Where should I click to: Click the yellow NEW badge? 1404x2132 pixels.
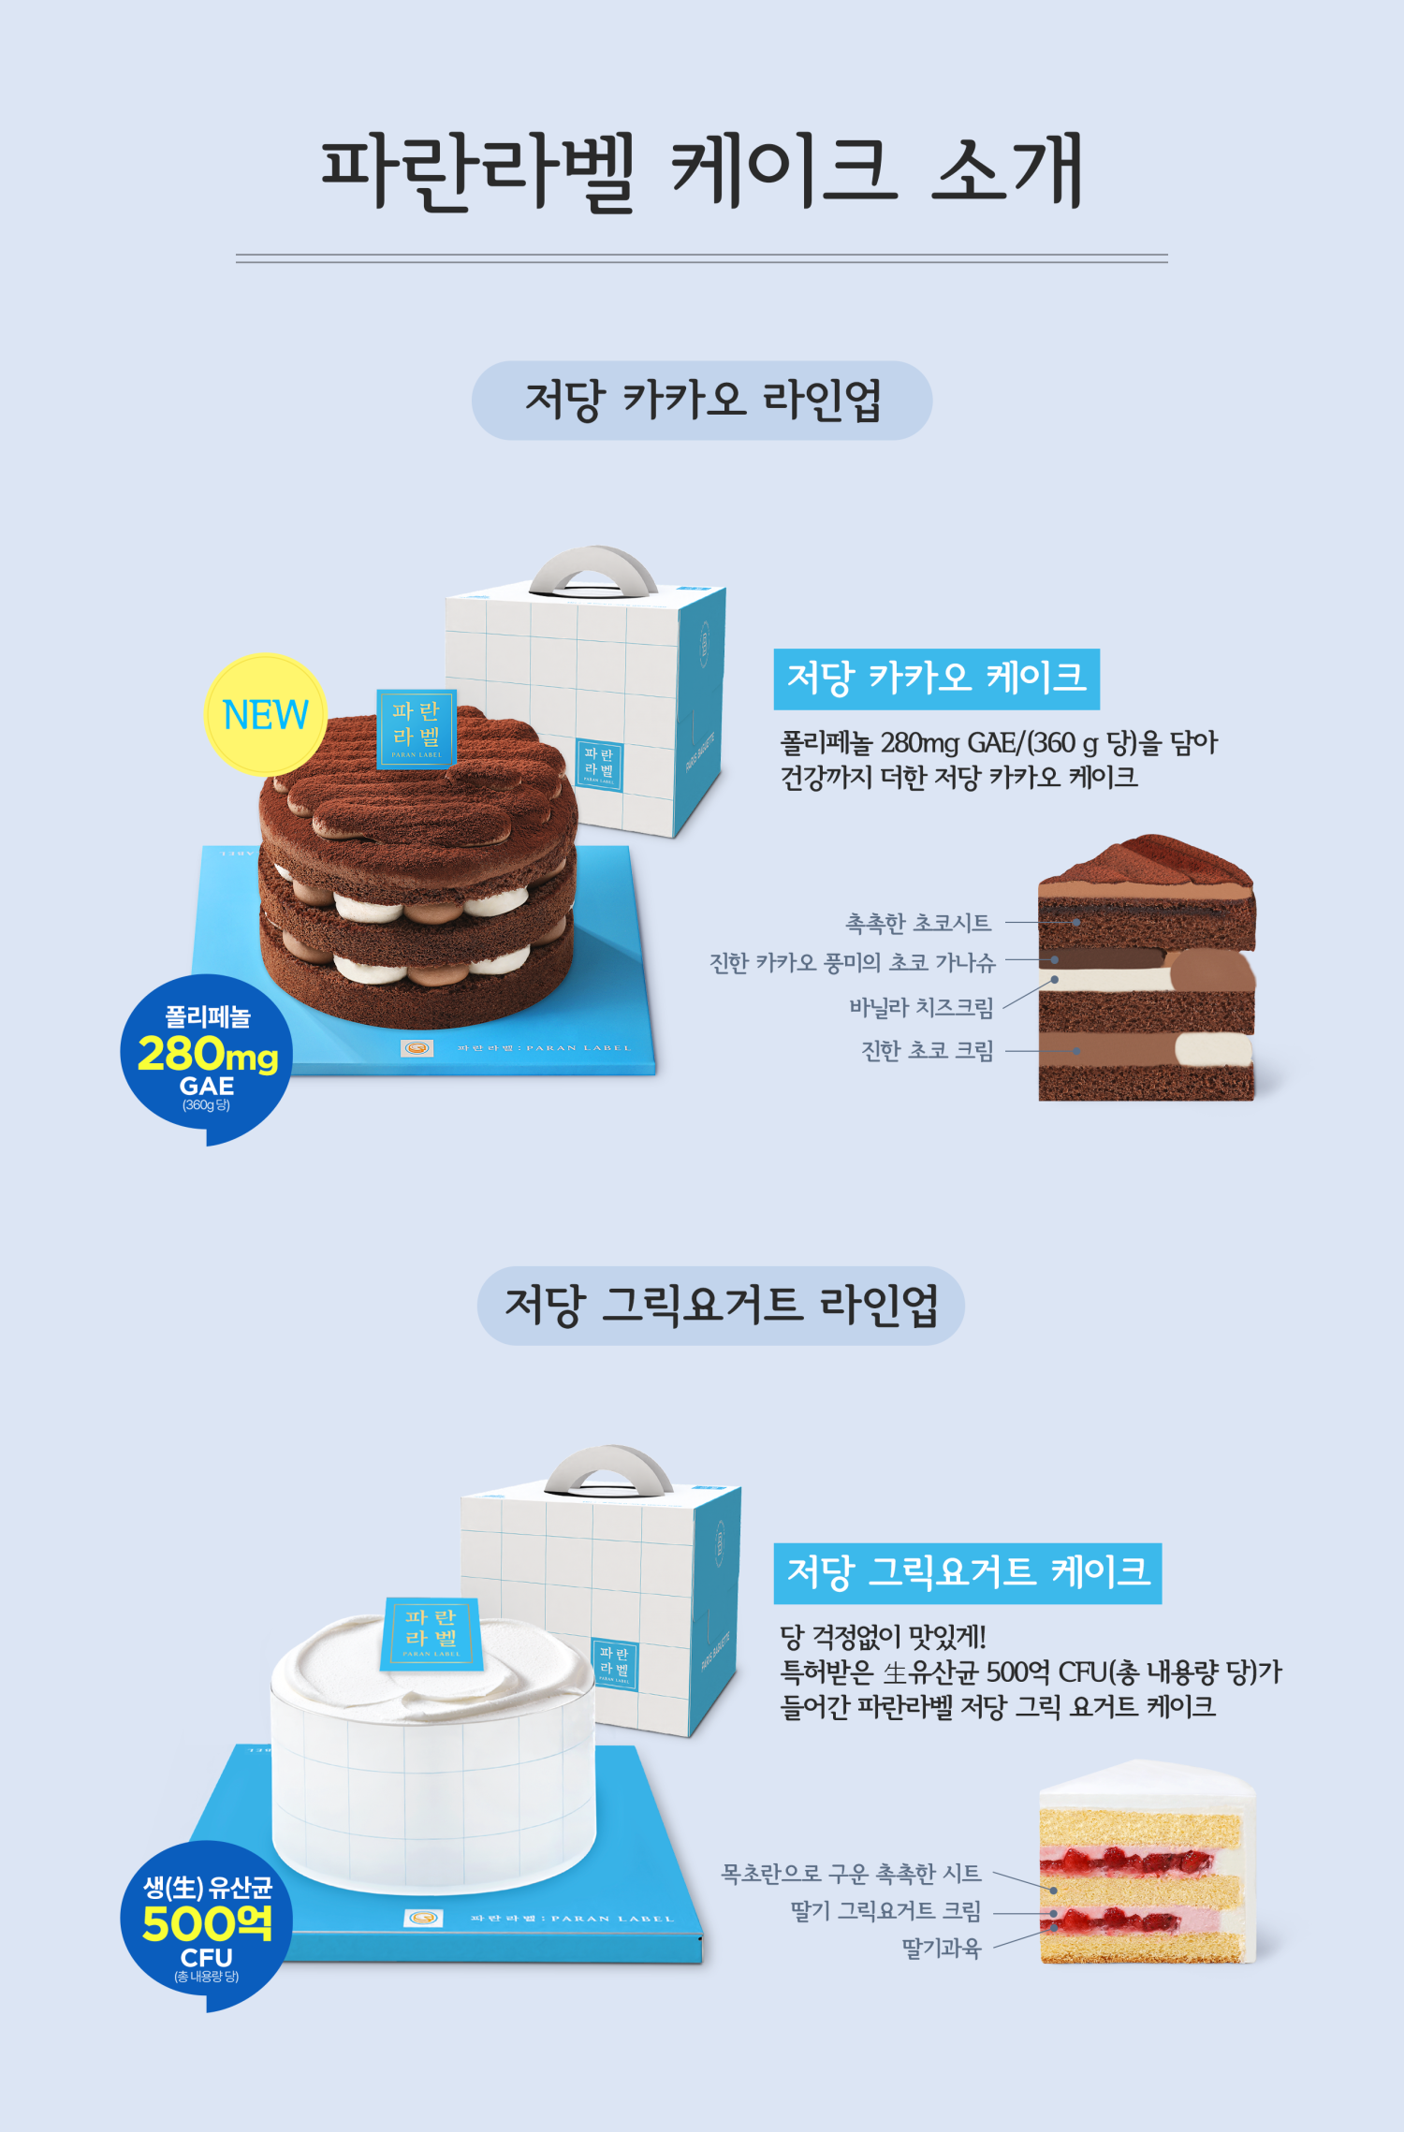265,714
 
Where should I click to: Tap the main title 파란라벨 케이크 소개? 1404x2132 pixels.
702,171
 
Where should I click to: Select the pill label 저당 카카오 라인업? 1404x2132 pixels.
702,401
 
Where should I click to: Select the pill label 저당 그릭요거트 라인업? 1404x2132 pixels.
721,1306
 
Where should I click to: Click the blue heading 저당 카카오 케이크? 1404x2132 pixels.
936,679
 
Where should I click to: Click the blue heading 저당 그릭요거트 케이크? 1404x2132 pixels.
967,1573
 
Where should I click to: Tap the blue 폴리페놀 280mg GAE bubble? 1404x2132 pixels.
206,1058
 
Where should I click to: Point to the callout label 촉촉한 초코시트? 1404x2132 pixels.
917,923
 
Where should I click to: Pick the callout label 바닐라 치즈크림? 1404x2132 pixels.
921,1007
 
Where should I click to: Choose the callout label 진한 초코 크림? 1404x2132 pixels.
927,1050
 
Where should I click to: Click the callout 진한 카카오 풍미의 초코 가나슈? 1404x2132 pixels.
852,962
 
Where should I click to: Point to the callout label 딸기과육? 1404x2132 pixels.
941,1949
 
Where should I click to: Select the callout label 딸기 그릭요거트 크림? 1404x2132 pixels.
885,1911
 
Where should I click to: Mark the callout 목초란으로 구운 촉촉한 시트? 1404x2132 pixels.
851,1874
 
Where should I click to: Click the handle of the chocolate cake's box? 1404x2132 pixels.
593,567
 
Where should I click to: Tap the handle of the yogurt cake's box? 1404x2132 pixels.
608,1467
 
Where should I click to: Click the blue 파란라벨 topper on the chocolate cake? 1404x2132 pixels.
417,728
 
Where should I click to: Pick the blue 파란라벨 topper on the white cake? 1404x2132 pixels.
431,1633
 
